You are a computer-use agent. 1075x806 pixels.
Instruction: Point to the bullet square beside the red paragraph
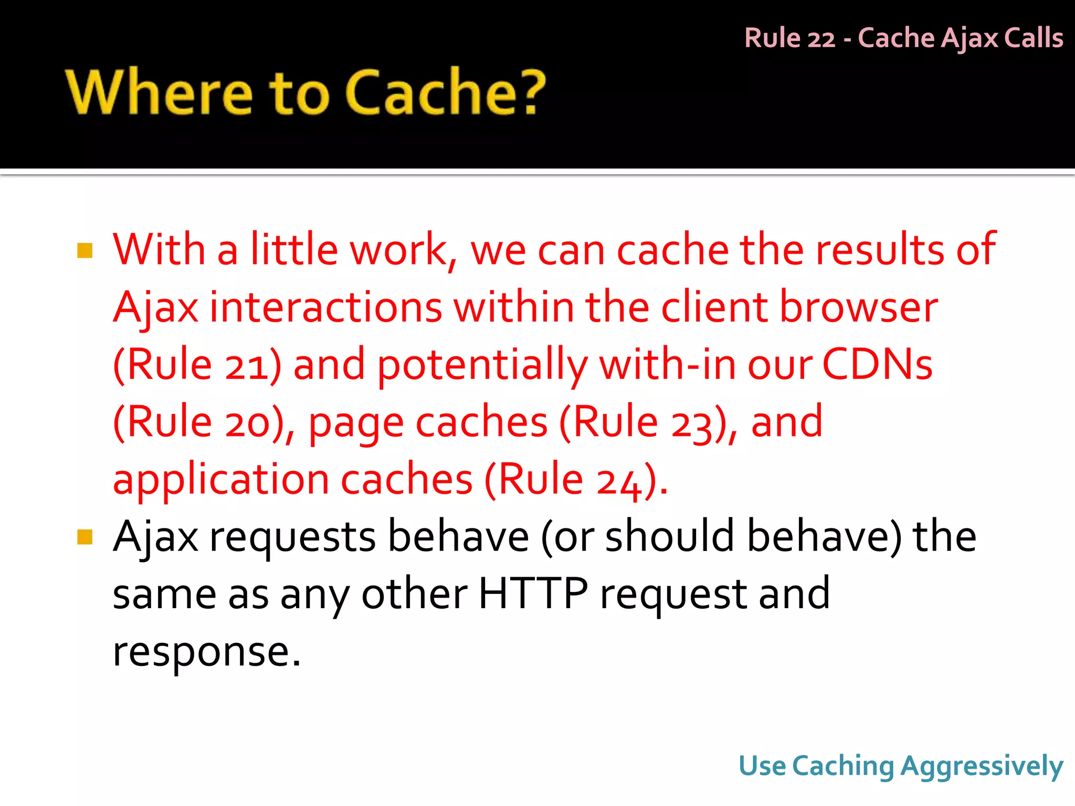coord(85,250)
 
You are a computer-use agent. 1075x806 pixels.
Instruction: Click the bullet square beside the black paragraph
coord(85,537)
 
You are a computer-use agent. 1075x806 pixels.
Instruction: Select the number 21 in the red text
coord(246,365)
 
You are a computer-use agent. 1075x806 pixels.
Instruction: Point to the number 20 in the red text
coord(247,422)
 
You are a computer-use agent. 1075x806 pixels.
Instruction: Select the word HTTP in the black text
coord(533,594)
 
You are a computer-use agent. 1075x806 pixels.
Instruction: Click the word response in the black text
coord(207,652)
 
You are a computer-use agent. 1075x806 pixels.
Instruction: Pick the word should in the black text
coord(669,537)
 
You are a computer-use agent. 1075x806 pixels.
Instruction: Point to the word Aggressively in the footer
coord(982,767)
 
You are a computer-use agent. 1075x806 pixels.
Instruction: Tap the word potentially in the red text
coord(482,365)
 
